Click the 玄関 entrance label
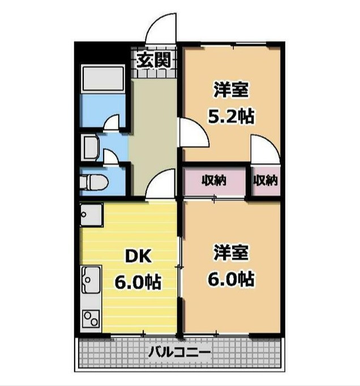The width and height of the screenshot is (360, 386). point(153,61)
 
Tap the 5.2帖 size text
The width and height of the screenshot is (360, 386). point(231,116)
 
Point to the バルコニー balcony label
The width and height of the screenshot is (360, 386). point(179,352)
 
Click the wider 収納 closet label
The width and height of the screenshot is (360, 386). point(214,181)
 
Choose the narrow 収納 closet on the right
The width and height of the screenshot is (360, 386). point(265,181)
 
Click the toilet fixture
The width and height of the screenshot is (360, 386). point(94,182)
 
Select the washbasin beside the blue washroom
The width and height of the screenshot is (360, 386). point(91,148)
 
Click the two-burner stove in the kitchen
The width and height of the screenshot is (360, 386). point(91,319)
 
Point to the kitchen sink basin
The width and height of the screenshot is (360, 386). point(91,280)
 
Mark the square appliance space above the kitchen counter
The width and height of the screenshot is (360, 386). point(91,215)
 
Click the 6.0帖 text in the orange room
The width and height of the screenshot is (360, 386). point(231,278)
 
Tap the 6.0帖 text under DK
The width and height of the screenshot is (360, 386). point(138,282)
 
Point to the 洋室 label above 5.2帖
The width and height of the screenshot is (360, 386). point(231,89)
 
